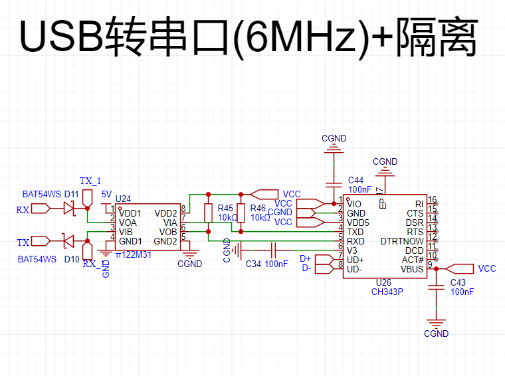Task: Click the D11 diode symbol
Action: (x=69, y=209)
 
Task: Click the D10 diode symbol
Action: (x=68, y=240)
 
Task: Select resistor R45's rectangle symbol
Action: (x=209, y=213)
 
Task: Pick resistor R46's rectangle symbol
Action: (x=241, y=213)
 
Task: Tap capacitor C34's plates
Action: (x=274, y=250)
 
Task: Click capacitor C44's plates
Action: (x=334, y=185)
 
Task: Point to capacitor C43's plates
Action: (x=436, y=287)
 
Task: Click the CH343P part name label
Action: (x=387, y=292)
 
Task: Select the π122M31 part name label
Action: (x=134, y=254)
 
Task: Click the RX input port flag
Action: (x=41, y=209)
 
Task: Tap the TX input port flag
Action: (x=41, y=240)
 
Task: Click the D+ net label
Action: (x=305, y=258)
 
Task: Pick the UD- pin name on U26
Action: (x=354, y=269)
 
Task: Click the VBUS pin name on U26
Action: (x=412, y=269)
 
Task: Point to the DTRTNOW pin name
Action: (x=402, y=241)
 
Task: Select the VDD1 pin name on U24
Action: (x=130, y=213)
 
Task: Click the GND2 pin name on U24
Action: (x=165, y=241)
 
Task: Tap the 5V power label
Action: (x=106, y=194)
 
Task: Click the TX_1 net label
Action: (x=90, y=181)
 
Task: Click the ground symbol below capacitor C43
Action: (x=436, y=324)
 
